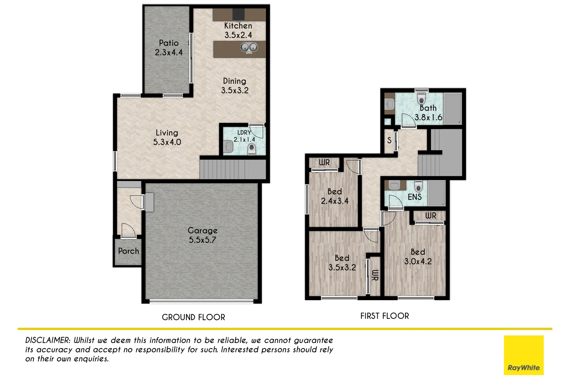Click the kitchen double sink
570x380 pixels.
(x=249, y=47)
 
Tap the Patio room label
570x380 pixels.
(x=169, y=43)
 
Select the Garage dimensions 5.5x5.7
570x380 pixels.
(x=203, y=240)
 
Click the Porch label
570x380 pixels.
(x=128, y=251)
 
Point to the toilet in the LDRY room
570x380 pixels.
(x=251, y=149)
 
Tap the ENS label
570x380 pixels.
(x=414, y=197)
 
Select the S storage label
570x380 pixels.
(x=389, y=140)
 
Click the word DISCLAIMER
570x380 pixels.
(x=48, y=340)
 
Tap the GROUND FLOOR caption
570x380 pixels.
(x=194, y=317)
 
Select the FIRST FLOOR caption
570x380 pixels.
(x=385, y=316)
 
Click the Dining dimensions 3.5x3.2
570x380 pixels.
(x=235, y=90)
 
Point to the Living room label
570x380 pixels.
(x=167, y=133)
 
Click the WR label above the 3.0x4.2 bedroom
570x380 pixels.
(x=431, y=216)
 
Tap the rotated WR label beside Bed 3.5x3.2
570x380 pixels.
(x=375, y=275)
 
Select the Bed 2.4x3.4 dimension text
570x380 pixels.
(x=335, y=201)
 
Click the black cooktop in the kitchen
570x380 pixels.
(x=238, y=14)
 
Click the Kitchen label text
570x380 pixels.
(x=238, y=26)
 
